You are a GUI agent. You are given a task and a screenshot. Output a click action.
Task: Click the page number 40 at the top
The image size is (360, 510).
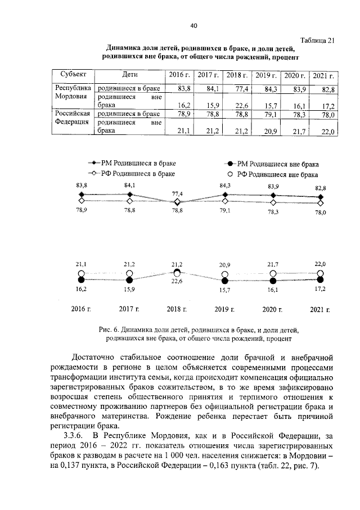(x=193, y=25)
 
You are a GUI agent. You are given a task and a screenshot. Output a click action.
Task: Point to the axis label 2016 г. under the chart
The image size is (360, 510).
(x=82, y=309)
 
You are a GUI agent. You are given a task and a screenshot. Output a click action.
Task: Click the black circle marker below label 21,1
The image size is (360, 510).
(x=82, y=279)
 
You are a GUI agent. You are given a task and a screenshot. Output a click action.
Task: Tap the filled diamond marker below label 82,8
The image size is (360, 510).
(x=321, y=197)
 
